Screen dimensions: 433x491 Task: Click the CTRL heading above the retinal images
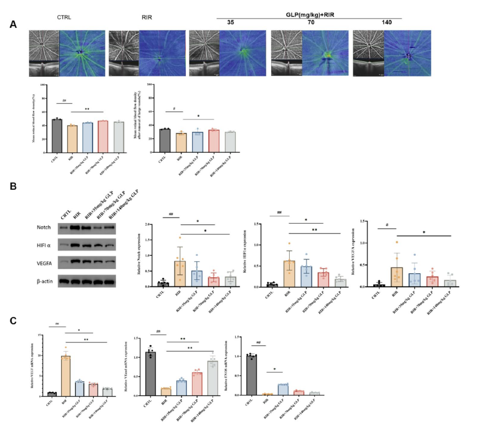click(65, 17)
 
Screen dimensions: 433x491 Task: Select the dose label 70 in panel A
click(311, 22)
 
